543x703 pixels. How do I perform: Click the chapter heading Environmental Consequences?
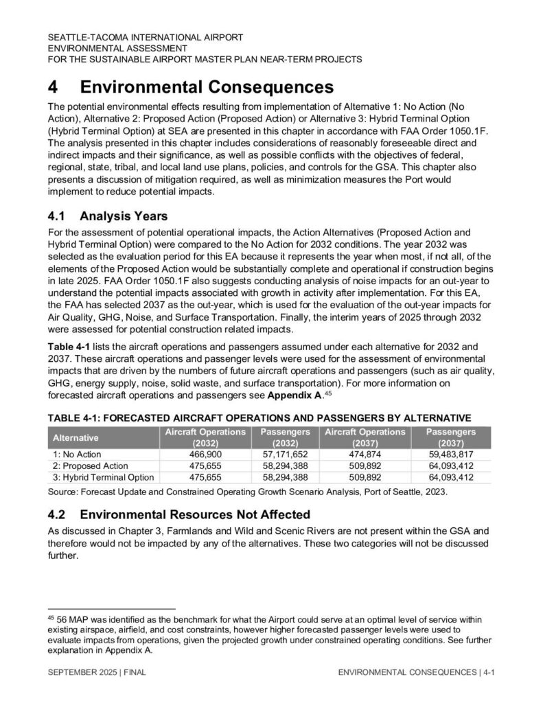point(207,88)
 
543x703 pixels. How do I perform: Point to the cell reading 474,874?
point(365,454)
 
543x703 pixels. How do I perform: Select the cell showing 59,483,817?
point(450,454)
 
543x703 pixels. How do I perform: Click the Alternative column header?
point(76,437)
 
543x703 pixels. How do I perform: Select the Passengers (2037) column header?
point(450,437)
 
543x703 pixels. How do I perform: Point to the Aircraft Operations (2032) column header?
point(205,437)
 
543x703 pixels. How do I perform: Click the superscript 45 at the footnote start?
point(50,617)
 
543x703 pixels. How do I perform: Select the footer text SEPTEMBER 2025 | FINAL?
point(93,673)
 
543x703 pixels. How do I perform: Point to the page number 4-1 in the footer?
point(489,673)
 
